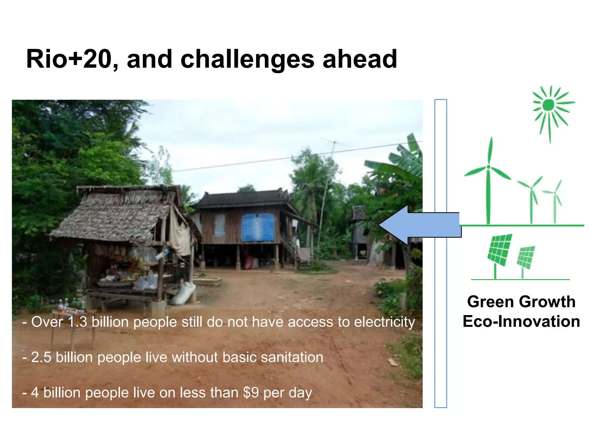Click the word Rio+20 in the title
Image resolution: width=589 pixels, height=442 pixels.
(68, 59)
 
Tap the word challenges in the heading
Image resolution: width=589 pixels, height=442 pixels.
(247, 60)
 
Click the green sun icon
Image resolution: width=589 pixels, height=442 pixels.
(548, 105)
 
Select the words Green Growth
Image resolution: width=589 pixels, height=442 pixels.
(521, 302)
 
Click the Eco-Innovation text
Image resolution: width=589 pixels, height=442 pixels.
(521, 321)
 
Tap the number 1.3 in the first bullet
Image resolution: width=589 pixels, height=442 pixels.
(77, 322)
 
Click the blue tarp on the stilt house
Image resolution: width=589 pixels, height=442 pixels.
(258, 227)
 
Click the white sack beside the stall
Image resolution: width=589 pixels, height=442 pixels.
(183, 294)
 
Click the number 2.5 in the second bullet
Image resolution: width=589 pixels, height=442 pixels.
(41, 357)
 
